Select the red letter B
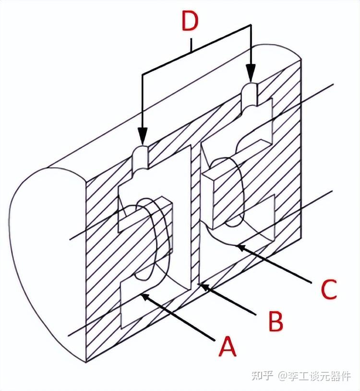coord(276,320)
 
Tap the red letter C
coord(329,289)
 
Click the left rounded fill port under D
coord(140,157)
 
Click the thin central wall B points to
coord(194,216)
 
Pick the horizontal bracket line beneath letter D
coord(192,50)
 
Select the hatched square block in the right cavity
coord(218,192)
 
